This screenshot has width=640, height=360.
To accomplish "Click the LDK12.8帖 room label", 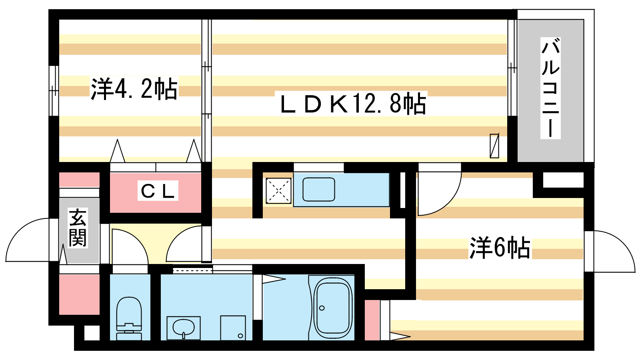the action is click(x=354, y=104).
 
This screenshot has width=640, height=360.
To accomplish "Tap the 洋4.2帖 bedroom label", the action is click(x=134, y=88).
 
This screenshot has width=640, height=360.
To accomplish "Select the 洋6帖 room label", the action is click(x=500, y=248).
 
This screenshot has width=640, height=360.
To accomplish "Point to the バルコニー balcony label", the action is click(x=550, y=88).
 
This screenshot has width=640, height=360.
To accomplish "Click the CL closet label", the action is click(x=158, y=190).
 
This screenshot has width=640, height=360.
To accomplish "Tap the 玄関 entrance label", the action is click(x=78, y=228).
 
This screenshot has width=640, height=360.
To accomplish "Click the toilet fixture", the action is click(x=129, y=318).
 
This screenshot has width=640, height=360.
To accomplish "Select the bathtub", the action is click(x=332, y=308).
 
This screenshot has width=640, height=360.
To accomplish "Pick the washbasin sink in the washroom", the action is click(x=184, y=328).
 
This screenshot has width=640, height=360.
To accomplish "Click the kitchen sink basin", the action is click(x=318, y=189).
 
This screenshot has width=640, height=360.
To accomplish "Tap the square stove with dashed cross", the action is click(x=278, y=190).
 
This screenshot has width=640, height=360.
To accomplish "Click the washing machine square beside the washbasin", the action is click(x=233, y=328).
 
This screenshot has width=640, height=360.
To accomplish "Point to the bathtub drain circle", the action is click(x=322, y=308).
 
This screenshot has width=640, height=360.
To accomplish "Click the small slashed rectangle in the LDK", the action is click(x=494, y=146).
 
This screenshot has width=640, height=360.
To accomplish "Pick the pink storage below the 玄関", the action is click(x=79, y=294).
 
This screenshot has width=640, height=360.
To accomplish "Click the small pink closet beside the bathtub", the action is click(x=372, y=320).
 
